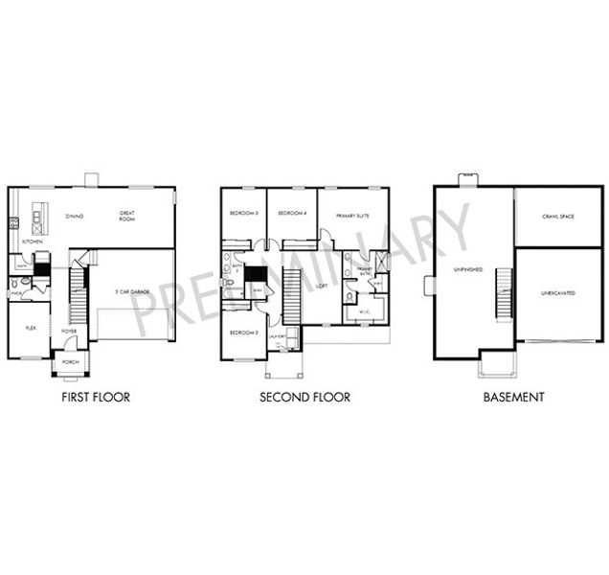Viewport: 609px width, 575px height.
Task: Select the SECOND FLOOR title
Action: point(304,396)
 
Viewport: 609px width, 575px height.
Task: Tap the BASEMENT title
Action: point(513,396)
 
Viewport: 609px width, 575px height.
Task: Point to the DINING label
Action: point(74,216)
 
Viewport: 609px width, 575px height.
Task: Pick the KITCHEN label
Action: point(32,242)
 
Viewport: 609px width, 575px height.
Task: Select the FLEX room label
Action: point(29,327)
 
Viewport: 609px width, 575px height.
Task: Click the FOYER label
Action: point(70,332)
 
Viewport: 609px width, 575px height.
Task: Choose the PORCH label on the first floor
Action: point(70,363)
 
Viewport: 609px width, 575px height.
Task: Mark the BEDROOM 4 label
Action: point(291,213)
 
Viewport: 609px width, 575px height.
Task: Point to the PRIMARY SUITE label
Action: point(351,216)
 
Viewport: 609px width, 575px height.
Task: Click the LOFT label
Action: point(323,286)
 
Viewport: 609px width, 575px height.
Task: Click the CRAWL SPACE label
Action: point(558,218)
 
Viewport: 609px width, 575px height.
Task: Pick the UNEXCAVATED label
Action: point(557,291)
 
